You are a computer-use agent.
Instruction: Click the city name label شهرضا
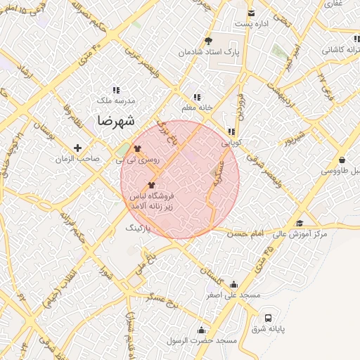(112, 120)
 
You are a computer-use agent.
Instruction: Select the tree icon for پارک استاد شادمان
(208, 41)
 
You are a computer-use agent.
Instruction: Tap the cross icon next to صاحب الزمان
(78, 148)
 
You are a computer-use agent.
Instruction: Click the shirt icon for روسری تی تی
(136, 148)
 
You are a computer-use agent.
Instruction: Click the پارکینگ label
(139, 229)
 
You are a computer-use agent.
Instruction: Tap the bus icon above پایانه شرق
(268, 318)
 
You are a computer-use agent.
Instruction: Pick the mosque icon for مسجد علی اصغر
(233, 285)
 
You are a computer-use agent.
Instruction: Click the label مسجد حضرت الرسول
(202, 341)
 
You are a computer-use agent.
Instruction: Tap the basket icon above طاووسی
(342, 160)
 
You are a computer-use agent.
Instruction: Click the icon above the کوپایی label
(231, 131)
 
